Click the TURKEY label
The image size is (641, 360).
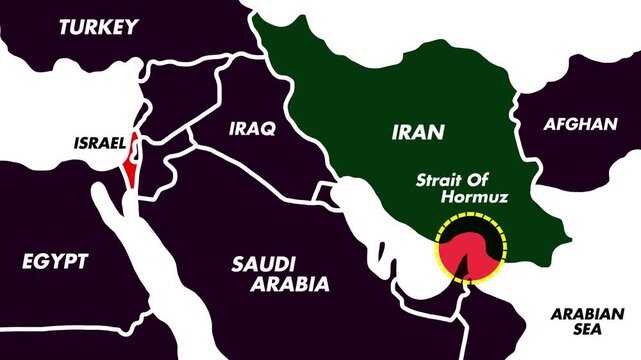[97, 27]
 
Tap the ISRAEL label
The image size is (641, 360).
[98, 142]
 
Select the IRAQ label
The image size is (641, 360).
[251, 129]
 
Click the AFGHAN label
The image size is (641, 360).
[580, 124]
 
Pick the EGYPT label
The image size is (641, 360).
[54, 262]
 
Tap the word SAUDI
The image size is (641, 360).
[264, 264]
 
